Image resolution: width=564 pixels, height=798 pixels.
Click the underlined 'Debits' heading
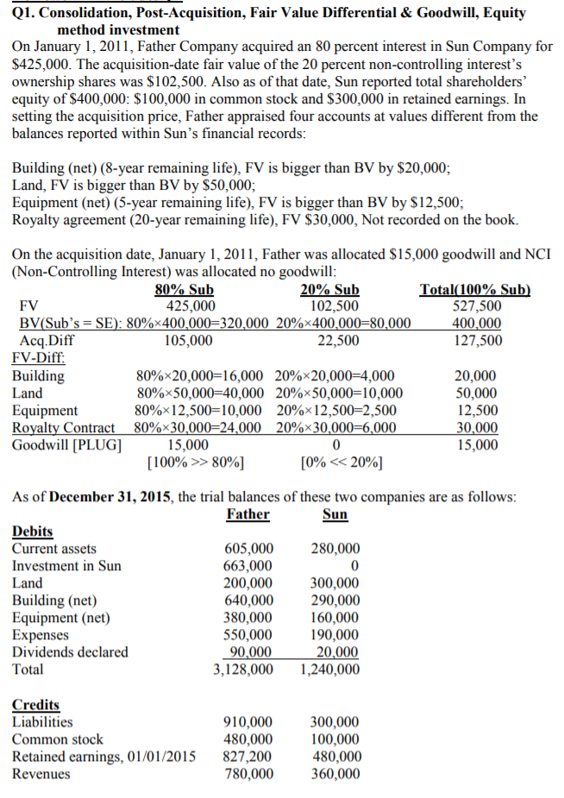tap(32, 531)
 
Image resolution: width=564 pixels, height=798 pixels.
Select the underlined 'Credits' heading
tap(35, 705)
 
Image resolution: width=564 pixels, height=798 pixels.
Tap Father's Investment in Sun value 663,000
tap(248, 566)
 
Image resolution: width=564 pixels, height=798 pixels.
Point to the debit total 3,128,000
tap(243, 669)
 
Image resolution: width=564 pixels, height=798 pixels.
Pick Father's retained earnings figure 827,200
tap(248, 757)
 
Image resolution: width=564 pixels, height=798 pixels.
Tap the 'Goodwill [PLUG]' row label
tap(66, 445)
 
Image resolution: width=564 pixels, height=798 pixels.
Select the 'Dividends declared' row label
tap(70, 652)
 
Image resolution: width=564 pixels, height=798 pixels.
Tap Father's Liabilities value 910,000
tap(248, 722)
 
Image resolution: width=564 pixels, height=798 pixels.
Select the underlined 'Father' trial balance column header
tap(248, 514)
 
